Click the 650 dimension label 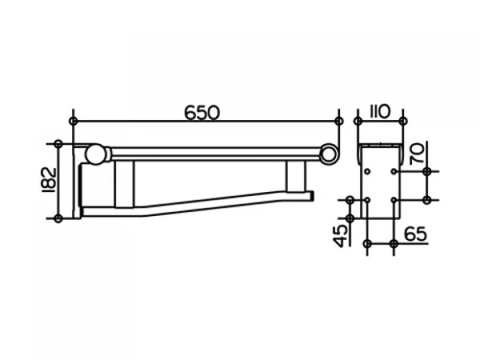(x=203, y=112)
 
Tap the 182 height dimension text (x=49, y=180)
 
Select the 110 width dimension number (x=380, y=111)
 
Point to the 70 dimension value (x=418, y=154)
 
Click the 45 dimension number (x=342, y=236)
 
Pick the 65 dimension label (x=416, y=234)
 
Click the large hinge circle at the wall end (x=95, y=155)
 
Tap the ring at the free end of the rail (x=328, y=154)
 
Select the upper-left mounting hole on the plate (x=368, y=172)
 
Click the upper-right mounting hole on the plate (x=394, y=172)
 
